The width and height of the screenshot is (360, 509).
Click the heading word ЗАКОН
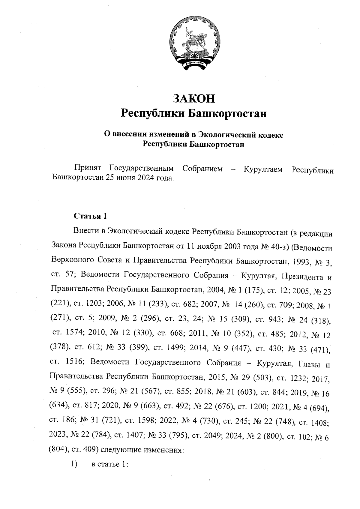coord(194,98)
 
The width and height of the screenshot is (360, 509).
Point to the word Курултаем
coord(263,169)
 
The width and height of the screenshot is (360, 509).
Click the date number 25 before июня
coord(110,178)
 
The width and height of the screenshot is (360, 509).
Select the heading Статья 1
coord(90,216)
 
